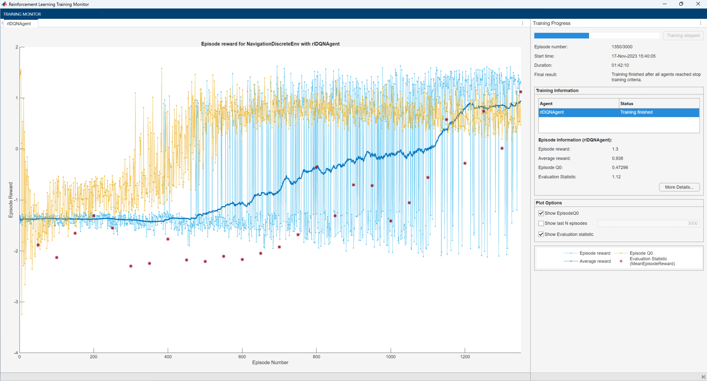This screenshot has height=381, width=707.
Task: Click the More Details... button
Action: [679, 187]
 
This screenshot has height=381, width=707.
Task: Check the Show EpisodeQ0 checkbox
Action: [541, 213]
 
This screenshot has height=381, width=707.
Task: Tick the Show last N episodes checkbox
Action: [541, 224]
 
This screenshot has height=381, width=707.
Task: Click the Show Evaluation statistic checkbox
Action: [541, 234]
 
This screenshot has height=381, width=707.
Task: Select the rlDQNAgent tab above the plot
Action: [19, 24]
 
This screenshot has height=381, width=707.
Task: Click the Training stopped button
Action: [683, 35]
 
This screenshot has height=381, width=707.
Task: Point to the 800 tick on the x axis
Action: [316, 357]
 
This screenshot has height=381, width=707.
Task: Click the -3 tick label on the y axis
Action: [16, 302]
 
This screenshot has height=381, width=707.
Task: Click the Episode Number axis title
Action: [270, 363]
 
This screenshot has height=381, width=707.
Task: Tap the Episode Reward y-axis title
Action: [11, 200]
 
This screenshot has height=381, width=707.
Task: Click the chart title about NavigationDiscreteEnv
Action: [270, 44]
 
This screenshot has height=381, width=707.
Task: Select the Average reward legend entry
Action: [595, 261]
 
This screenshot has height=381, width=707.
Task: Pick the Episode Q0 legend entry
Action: [641, 253]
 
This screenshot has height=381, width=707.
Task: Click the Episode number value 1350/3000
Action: [622, 47]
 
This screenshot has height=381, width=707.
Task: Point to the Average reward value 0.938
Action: [618, 158]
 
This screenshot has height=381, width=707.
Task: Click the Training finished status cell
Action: [636, 112]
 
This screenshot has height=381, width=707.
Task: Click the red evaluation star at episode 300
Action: [131, 266]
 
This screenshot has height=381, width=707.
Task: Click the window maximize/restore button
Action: [681, 4]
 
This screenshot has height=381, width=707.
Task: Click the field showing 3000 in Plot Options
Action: [648, 224]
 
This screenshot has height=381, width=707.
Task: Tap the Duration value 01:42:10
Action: [620, 65]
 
